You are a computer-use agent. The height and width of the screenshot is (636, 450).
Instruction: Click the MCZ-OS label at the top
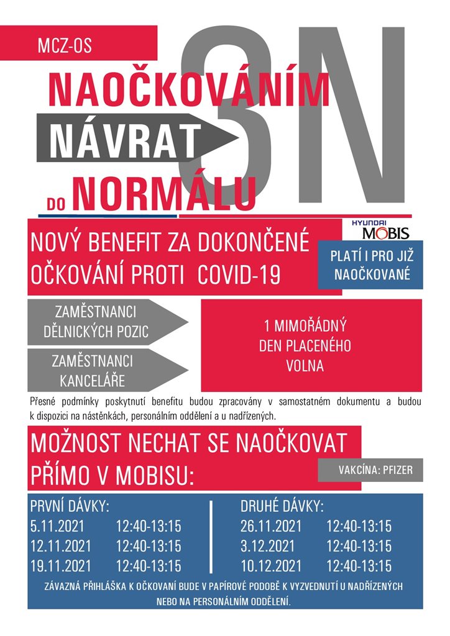point(65,45)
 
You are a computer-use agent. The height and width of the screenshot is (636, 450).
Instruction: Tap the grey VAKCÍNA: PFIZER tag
point(370,470)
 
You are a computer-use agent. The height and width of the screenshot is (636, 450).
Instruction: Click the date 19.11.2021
point(60,566)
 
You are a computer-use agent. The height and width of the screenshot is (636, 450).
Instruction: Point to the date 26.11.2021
point(271,527)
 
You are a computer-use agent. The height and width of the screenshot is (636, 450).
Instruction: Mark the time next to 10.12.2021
point(359,566)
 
